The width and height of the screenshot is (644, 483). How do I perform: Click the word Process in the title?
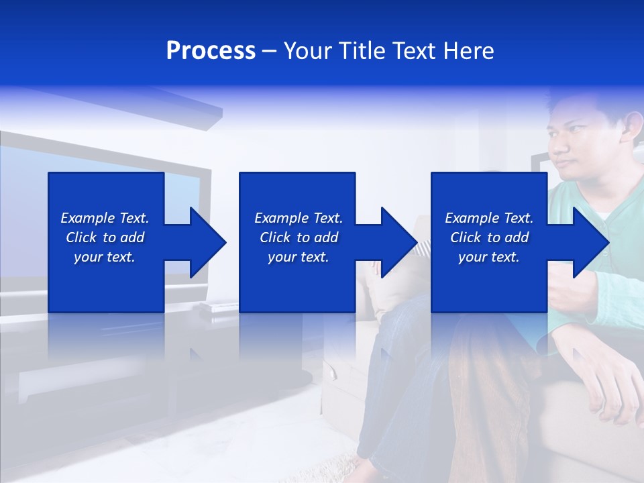pos(211,51)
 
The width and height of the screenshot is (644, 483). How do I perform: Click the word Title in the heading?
pos(360,51)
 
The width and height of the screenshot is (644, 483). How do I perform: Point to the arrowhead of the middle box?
pos(398,242)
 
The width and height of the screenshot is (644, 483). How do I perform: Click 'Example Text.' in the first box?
pos(105,218)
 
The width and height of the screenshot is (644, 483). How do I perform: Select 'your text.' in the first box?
pos(105,257)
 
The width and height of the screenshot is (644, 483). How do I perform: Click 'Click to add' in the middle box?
pos(299,237)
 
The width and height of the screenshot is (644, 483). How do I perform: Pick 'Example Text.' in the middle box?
pos(299,218)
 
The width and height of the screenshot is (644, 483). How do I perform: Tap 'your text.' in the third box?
pos(489,257)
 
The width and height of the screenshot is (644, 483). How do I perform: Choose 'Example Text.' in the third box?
pos(489,218)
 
